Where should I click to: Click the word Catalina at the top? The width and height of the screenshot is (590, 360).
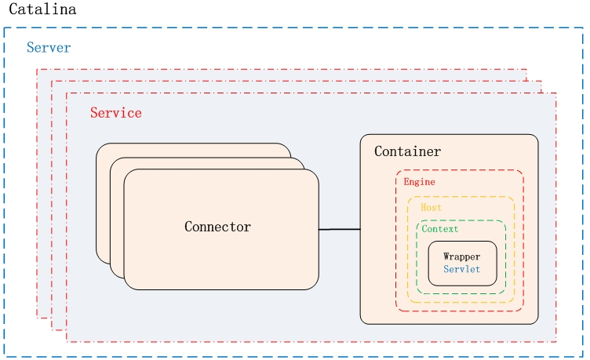click(42, 12)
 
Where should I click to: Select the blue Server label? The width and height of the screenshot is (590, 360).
click(49, 48)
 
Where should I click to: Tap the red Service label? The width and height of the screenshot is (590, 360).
click(116, 113)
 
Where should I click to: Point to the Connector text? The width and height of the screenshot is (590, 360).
click(217, 227)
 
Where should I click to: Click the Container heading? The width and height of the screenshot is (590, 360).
click(407, 151)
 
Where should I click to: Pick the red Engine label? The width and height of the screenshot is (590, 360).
click(419, 182)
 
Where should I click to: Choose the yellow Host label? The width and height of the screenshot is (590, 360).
click(431, 208)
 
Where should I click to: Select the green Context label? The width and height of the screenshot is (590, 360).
click(440, 229)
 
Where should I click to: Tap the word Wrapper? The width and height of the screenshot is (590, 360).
click(461, 256)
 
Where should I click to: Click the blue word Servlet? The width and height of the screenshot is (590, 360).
click(461, 269)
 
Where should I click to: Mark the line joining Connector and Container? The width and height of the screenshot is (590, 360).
click(339, 229)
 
